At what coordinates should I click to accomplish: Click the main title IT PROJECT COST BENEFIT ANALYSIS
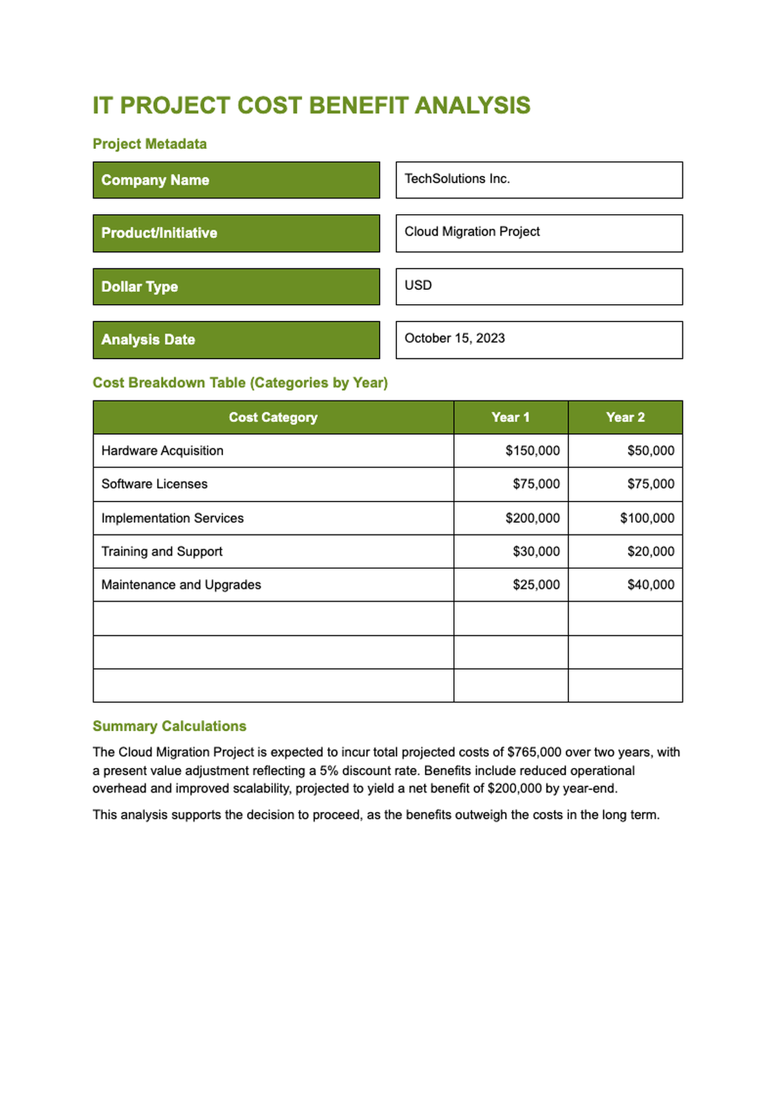[311, 105]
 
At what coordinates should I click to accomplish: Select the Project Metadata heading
[149, 144]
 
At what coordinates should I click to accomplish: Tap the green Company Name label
[236, 180]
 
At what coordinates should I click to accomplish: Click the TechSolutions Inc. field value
[457, 179]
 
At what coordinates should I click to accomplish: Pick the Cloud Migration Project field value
[472, 232]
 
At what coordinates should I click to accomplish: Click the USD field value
[418, 285]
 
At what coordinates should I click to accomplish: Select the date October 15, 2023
[455, 338]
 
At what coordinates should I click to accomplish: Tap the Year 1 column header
[510, 417]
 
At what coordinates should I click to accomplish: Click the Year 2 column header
[625, 417]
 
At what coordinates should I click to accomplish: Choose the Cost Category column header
[273, 417]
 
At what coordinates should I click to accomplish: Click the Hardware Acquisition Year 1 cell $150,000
[532, 451]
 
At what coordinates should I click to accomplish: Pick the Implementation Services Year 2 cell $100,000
[647, 518]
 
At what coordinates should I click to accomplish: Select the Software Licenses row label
[155, 484]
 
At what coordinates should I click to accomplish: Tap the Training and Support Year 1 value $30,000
[536, 551]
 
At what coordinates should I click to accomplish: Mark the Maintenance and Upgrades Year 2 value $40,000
[651, 585]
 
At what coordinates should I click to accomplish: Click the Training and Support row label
[162, 551]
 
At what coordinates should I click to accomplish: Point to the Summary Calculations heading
[169, 726]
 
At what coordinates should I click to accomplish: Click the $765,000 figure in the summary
[534, 752]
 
